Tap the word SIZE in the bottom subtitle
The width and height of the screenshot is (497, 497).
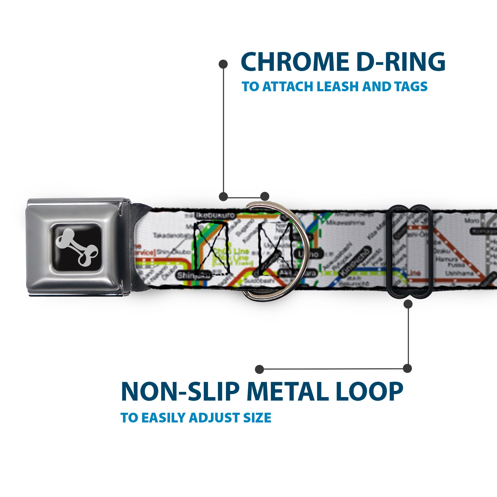[x=257, y=418]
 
